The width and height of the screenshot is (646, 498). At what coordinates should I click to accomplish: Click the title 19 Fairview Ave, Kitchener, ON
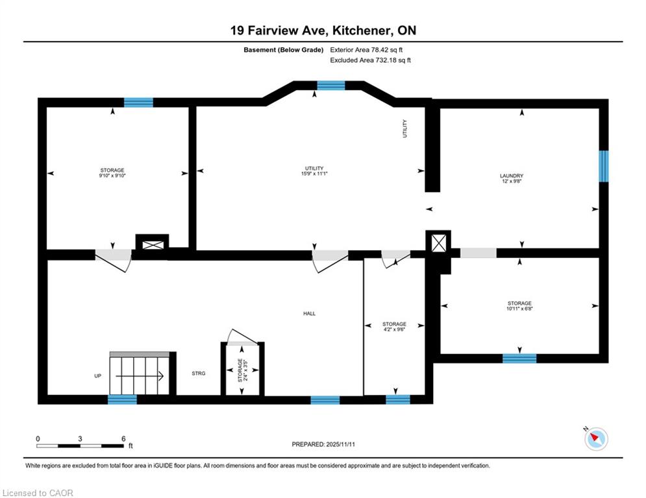tap(323, 30)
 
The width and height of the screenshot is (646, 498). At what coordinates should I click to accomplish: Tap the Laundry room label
tap(511, 176)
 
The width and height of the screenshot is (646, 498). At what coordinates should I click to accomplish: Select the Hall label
tap(310, 314)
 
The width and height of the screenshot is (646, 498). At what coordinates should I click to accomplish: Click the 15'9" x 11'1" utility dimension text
tap(314, 174)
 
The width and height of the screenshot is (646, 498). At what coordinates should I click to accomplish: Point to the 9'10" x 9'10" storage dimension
tap(112, 175)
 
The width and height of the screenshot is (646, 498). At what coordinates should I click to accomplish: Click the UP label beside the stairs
tap(97, 375)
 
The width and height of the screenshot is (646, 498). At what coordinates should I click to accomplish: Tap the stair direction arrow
tap(140, 375)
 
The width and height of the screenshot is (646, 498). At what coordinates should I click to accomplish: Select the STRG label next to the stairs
tap(199, 373)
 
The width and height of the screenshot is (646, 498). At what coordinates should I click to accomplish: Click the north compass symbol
tap(596, 439)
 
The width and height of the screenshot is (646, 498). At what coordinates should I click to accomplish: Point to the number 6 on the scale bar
tap(123, 439)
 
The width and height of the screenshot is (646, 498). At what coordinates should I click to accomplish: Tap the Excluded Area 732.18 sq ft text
tap(370, 60)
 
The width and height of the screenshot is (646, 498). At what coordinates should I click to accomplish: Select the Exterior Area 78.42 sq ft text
tap(366, 50)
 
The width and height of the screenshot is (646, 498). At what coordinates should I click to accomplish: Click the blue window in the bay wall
tap(331, 86)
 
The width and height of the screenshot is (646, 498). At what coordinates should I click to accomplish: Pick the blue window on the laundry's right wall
tap(604, 166)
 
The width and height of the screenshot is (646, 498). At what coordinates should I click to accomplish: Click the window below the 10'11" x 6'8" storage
tap(519, 359)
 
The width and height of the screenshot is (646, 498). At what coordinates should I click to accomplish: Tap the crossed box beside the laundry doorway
tap(438, 243)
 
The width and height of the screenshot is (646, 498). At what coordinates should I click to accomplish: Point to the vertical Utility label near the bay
tap(404, 129)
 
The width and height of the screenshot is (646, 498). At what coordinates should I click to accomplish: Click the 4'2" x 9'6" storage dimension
tap(394, 329)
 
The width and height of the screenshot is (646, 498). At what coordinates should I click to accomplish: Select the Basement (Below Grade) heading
tap(284, 50)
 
